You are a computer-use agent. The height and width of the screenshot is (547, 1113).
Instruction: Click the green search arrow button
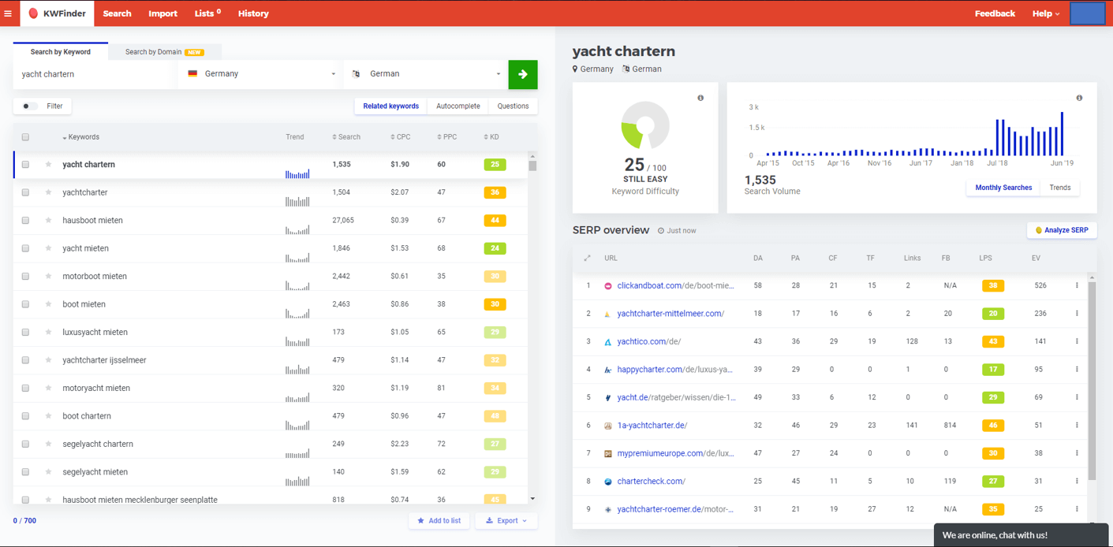click(522, 74)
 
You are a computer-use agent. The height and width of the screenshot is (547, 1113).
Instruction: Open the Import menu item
click(162, 13)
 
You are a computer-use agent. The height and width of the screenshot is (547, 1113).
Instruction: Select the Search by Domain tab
click(164, 52)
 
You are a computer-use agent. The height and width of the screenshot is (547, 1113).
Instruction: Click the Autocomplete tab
click(458, 106)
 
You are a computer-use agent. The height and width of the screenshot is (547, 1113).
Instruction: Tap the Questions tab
click(513, 106)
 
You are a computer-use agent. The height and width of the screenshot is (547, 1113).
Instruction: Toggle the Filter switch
click(29, 106)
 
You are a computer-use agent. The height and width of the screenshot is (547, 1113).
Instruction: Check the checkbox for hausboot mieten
click(25, 221)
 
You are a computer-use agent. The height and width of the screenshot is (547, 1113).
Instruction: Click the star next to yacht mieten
click(48, 248)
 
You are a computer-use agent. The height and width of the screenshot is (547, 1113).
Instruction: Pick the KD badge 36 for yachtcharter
click(495, 192)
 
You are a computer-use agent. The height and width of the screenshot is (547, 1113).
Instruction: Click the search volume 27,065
click(343, 221)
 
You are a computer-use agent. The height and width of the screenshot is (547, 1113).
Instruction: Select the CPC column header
click(401, 137)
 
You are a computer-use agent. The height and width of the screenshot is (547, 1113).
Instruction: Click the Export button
click(506, 520)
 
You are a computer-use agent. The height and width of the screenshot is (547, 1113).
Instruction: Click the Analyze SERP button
click(1062, 230)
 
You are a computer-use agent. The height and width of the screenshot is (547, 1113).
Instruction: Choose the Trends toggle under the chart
click(1059, 188)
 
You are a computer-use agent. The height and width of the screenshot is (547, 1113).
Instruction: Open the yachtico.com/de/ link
click(648, 341)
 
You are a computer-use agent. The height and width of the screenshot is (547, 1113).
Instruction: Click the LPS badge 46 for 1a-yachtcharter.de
click(992, 426)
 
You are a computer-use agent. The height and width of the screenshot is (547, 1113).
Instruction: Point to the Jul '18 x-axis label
click(997, 163)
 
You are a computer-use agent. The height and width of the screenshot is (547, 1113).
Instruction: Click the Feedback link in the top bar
click(995, 13)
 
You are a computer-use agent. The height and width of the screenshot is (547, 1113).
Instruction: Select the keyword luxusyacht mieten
click(95, 333)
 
